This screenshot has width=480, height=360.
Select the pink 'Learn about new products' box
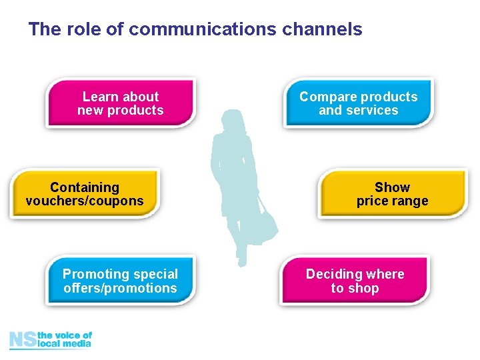pyautogui.click(x=120, y=103)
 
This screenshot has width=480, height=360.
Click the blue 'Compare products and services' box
pyautogui.click(x=358, y=103)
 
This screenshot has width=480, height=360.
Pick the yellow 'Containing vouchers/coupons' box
pyautogui.click(x=85, y=194)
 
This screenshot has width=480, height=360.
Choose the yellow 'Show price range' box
pyautogui.click(x=392, y=194)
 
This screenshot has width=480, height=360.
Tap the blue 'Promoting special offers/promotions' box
pyautogui.click(x=120, y=281)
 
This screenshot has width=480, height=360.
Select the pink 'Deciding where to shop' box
pyautogui.click(x=355, y=281)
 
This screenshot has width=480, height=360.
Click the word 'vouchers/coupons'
pyautogui.click(x=85, y=201)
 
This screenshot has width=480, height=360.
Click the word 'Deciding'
pyautogui.click(x=331, y=274)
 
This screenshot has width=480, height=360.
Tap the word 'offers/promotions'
pyautogui.click(x=120, y=288)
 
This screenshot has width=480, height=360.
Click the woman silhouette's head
pyautogui.click(x=233, y=122)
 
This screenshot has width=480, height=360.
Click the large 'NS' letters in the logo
pyautogui.click(x=23, y=340)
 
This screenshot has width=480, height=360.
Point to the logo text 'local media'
pyautogui.click(x=65, y=344)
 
